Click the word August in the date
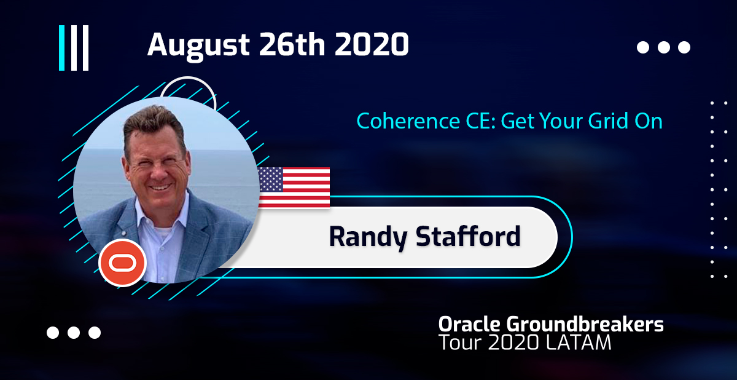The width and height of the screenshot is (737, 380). (x=198, y=46)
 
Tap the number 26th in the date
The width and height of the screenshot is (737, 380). (x=292, y=44)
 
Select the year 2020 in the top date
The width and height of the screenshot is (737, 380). (x=372, y=44)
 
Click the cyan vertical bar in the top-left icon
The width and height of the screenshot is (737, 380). (x=61, y=48)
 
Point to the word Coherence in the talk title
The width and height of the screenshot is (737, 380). (x=408, y=121)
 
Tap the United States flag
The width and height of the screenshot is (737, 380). (x=294, y=188)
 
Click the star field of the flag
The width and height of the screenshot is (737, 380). (x=270, y=180)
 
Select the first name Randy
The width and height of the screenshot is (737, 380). (x=368, y=237)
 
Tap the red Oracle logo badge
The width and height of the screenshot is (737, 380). (x=122, y=263)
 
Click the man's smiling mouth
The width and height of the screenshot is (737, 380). (x=160, y=188)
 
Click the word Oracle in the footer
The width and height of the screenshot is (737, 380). (x=469, y=324)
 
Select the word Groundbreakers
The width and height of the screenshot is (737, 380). (x=585, y=324)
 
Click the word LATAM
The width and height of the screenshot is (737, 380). (x=578, y=342)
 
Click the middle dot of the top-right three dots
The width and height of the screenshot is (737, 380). (x=664, y=47)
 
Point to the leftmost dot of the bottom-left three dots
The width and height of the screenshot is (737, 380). (x=53, y=333)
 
